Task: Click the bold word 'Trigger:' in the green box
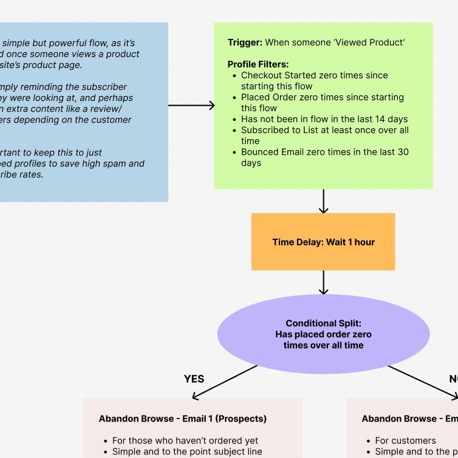pyautogui.click(x=245, y=43)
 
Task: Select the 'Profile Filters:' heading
pyautogui.click(x=258, y=64)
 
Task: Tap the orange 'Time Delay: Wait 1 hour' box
pyautogui.click(x=323, y=242)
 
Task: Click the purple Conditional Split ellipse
pyautogui.click(x=323, y=334)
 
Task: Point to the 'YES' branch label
pyautogui.click(x=194, y=379)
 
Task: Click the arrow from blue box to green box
pyautogui.click(x=191, y=106)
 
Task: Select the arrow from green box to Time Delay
pyautogui.click(x=323, y=201)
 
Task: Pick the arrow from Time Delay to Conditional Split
pyautogui.click(x=323, y=282)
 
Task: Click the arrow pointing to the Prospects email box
pyautogui.click(x=225, y=382)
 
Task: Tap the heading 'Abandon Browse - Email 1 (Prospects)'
pyautogui.click(x=183, y=419)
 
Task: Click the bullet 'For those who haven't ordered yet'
pyautogui.click(x=185, y=440)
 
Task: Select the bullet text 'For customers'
pyautogui.click(x=405, y=440)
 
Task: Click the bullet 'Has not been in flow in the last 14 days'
pyautogui.click(x=324, y=119)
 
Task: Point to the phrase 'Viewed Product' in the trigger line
pyautogui.click(x=372, y=43)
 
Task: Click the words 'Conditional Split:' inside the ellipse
pyautogui.click(x=323, y=324)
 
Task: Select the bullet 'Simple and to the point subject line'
pyautogui.click(x=187, y=451)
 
